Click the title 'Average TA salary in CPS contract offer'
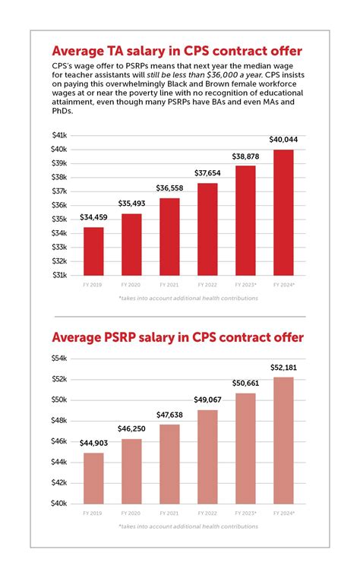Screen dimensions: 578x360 (x=176, y=52)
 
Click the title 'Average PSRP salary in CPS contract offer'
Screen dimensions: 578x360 (x=178, y=336)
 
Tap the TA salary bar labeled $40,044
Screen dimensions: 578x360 (x=283, y=213)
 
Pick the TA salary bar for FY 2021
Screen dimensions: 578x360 (x=169, y=236)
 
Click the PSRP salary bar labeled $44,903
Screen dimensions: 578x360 (x=93, y=478)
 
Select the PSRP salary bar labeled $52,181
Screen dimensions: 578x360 (x=283, y=440)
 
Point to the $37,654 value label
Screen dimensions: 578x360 (x=207, y=173)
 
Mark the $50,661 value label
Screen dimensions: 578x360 (x=245, y=384)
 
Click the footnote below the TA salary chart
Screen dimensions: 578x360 (x=188, y=298)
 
